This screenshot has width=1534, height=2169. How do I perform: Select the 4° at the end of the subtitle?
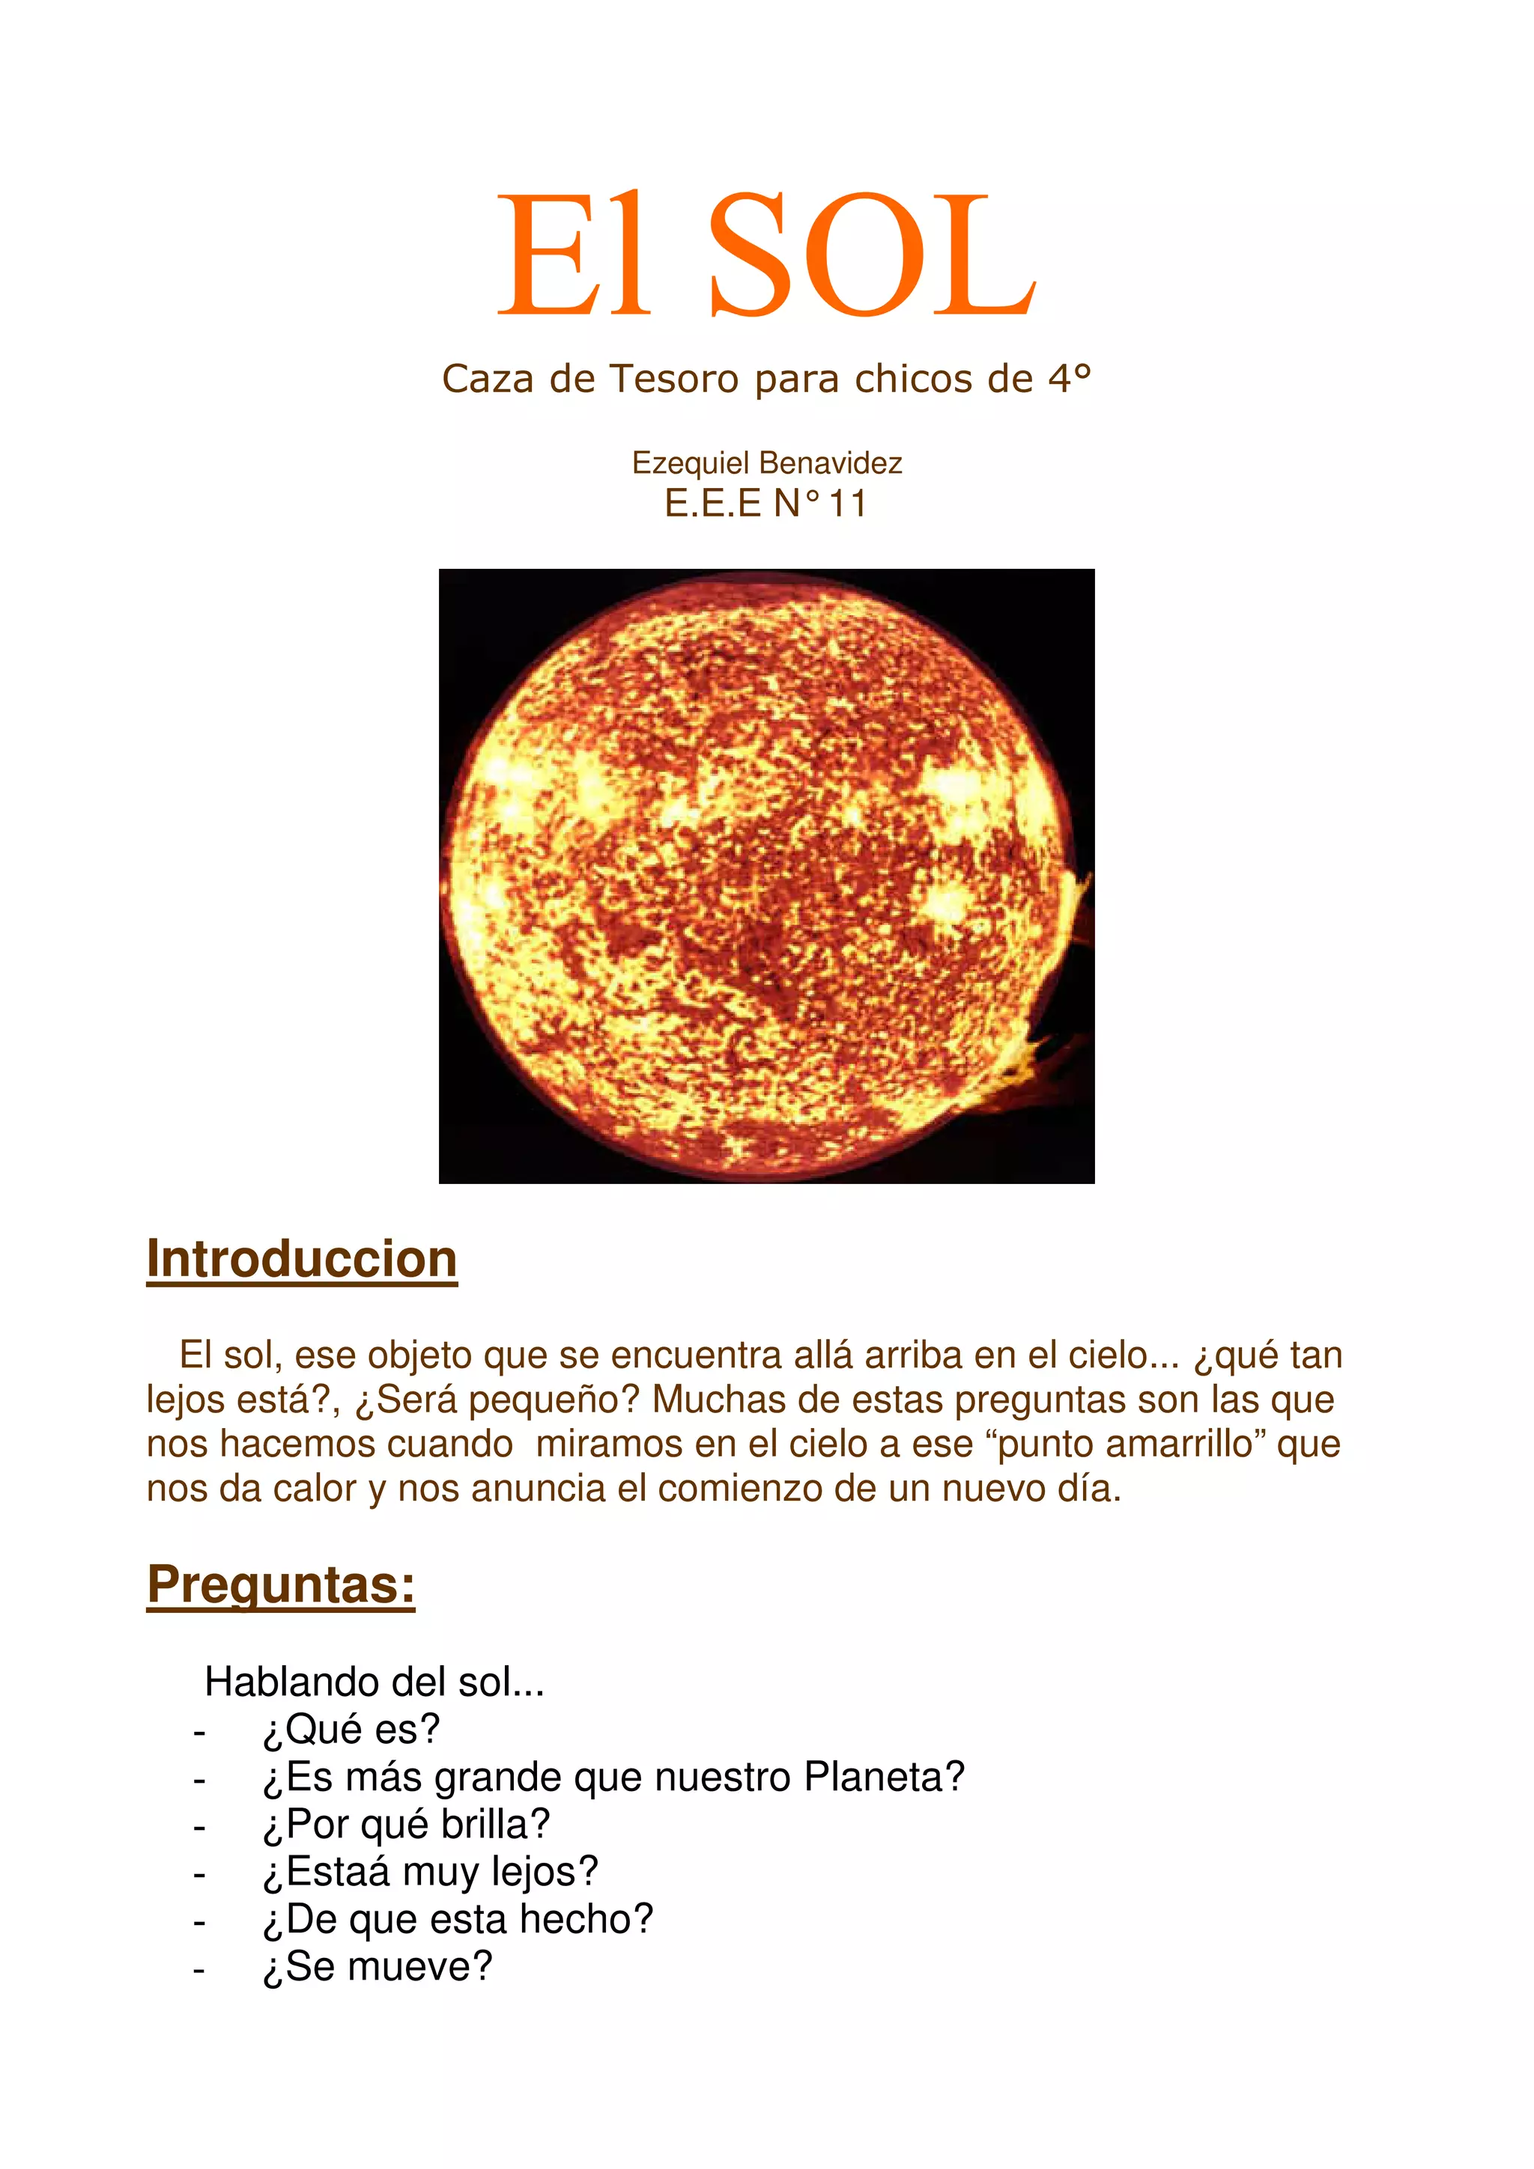coord(1069,379)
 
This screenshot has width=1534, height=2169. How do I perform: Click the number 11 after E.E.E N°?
coord(847,504)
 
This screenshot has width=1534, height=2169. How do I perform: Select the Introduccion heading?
coord(302,1260)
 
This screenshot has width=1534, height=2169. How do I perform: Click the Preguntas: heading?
coord(281,1584)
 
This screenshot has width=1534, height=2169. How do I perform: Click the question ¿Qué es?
coord(351,1729)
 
